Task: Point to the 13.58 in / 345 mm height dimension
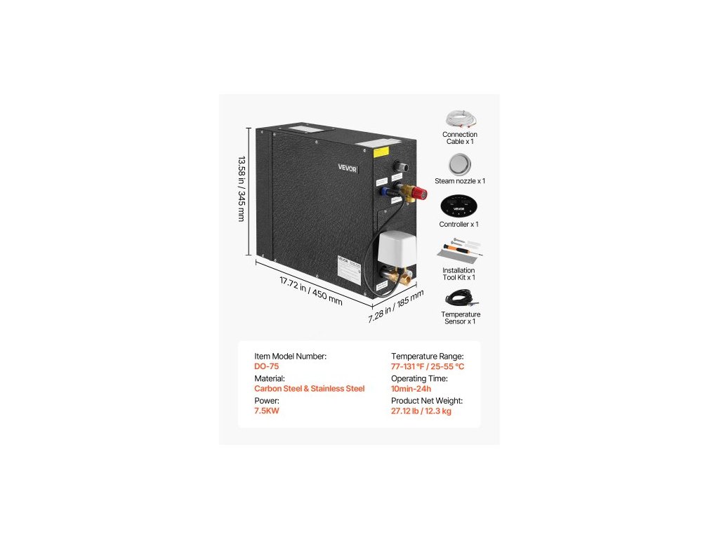click(x=241, y=189)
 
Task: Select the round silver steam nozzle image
click(x=460, y=164)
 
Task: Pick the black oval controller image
click(x=460, y=206)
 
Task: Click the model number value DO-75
click(x=267, y=366)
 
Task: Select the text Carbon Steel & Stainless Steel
click(x=310, y=388)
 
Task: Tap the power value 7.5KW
click(x=267, y=411)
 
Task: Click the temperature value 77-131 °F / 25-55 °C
click(x=428, y=366)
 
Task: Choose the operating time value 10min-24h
click(x=411, y=388)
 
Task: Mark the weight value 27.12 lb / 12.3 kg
click(x=421, y=411)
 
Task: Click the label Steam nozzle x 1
click(x=460, y=181)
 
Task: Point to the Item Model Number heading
click(x=290, y=356)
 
